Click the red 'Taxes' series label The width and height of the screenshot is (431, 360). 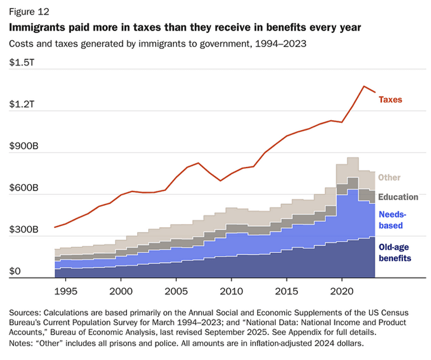coord(390,99)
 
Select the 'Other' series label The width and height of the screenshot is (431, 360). coord(389,177)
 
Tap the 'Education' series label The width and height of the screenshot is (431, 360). coord(398,197)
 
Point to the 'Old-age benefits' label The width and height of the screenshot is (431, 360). coord(394,253)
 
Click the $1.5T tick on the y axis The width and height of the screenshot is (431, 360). coord(22,62)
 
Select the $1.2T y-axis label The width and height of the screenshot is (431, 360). coord(22,104)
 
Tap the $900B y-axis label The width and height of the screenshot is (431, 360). coord(24,146)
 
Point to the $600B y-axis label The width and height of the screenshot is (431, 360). coord(24,188)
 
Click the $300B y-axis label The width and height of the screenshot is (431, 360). coord(24,230)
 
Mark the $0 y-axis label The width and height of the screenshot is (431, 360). coord(15,272)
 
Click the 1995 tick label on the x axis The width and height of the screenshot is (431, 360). coord(65,291)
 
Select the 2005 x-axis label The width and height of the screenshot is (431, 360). coord(176,291)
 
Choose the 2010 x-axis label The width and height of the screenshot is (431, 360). coord(231,291)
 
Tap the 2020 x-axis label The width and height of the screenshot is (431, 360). coord(342,291)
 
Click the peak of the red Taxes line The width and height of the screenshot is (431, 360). coord(364,86)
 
